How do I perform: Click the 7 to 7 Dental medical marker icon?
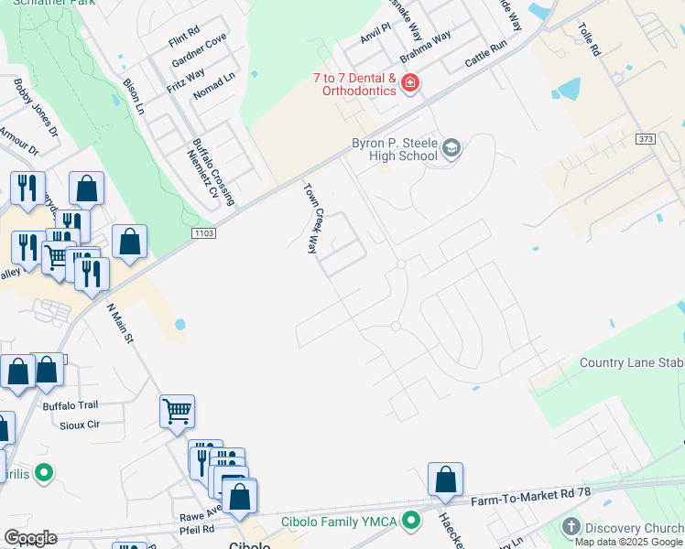click(409, 85)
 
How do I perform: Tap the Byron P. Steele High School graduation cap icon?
click(451, 148)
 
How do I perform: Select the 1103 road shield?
click(203, 235)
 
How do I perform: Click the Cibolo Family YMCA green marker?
click(412, 522)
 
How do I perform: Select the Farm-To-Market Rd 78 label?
click(532, 500)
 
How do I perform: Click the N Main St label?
click(121, 324)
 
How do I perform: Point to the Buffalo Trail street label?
click(70, 405)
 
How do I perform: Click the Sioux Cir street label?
click(79, 425)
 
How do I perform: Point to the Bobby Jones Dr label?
click(35, 108)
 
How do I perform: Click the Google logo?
click(30, 538)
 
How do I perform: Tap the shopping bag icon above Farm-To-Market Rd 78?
click(445, 479)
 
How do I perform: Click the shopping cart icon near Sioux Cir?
click(177, 411)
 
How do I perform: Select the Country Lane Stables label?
click(631, 363)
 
